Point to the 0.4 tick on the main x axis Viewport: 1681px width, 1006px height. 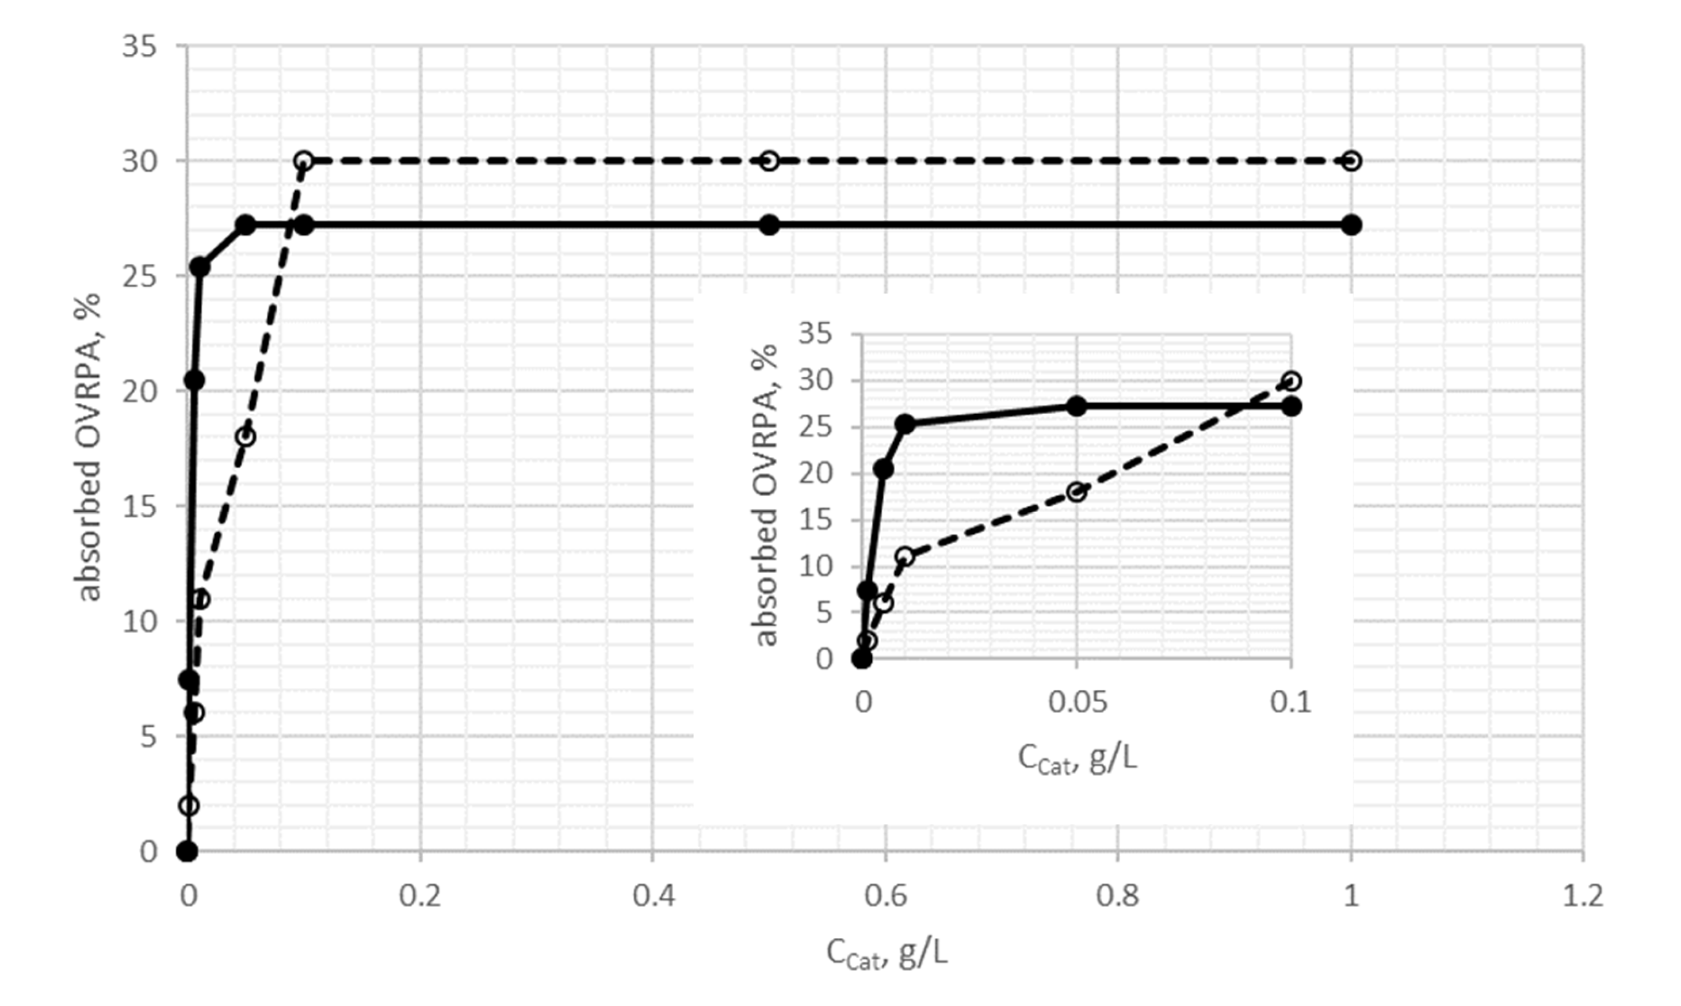[x=653, y=896]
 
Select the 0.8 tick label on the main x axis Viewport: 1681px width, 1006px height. [x=1118, y=896]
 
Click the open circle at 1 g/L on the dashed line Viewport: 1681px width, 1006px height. [x=1351, y=161]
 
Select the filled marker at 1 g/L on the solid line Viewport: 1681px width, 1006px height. [x=1351, y=225]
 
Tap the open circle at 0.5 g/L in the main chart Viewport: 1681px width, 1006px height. [x=769, y=161]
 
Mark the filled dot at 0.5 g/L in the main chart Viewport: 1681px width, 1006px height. [x=769, y=225]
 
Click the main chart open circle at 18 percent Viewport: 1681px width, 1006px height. [x=246, y=437]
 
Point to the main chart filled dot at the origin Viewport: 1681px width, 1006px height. [x=188, y=851]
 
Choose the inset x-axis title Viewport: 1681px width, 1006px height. [x=1078, y=759]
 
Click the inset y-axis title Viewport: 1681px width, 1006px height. [x=766, y=496]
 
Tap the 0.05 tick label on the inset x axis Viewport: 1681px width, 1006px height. [x=1078, y=702]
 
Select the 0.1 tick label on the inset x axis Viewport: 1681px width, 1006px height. [x=1291, y=702]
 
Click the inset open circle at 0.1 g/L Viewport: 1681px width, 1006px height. [x=1292, y=381]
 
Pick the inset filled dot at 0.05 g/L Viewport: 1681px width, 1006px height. [x=1076, y=406]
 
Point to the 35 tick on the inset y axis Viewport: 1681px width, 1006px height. [x=815, y=334]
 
